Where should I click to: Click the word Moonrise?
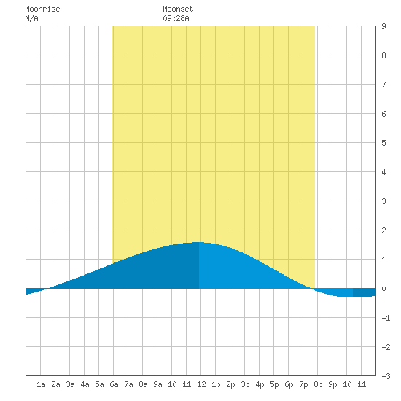42,9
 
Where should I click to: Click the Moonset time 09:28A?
176,18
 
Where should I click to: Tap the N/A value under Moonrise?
31,18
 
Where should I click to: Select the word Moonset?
178,9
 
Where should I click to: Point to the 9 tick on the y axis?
384,26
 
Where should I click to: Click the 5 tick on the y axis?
384,143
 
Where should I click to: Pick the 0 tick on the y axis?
384,289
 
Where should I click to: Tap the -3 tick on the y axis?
386,376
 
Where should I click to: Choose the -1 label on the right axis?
386,318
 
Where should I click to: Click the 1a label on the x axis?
41,384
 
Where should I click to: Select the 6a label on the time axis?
114,384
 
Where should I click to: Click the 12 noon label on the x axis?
201,384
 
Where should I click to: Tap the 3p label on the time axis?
245,384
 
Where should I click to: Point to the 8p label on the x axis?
318,384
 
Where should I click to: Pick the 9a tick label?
157,384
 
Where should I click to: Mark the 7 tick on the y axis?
384,85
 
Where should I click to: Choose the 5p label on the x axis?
274,384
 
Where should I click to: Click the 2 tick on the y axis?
384,230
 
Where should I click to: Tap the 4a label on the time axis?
85,384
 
